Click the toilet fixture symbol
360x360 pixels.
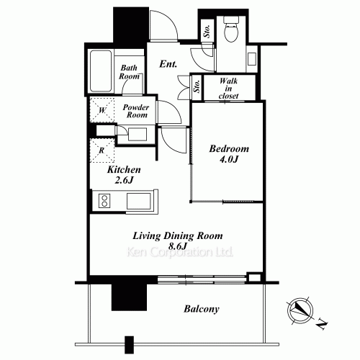pos(231,29)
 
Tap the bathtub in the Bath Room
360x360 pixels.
pos(101,71)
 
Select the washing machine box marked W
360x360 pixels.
pos(102,110)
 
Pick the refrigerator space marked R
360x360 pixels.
pos(102,150)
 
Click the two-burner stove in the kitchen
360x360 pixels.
pos(104,201)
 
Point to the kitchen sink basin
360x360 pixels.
pos(139,201)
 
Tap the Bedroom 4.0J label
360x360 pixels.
pos(229,153)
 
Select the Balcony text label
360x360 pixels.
pos(202,309)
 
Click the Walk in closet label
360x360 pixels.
pos(228,89)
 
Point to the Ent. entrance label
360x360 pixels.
pos(168,64)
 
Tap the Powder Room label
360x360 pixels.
pos(136,111)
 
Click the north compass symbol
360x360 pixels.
pos(300,311)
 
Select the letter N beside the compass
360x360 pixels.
pos(322,324)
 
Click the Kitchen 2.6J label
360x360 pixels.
pos(124,174)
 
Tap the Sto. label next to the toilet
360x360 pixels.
pos(207,31)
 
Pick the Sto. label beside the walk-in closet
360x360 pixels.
pos(197,86)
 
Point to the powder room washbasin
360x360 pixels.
pos(138,134)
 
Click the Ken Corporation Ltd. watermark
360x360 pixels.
pos(180,252)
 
